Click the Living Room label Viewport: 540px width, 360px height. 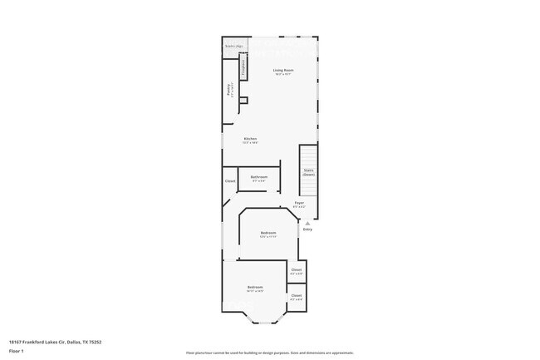(x=284, y=71)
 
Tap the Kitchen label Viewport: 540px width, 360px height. (x=250, y=139)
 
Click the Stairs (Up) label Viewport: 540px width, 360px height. (x=233, y=47)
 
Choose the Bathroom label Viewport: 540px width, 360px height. (x=259, y=176)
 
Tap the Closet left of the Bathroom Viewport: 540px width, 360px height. (x=230, y=180)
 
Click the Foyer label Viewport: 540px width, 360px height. (x=299, y=203)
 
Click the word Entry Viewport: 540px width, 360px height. (x=307, y=229)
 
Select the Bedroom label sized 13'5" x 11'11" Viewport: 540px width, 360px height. (x=268, y=233)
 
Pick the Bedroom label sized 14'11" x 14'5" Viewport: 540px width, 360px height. (x=254, y=288)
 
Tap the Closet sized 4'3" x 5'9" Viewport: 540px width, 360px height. (x=297, y=270)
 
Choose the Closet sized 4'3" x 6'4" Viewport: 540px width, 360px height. (x=297, y=295)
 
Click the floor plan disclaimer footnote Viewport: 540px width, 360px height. (x=269, y=353)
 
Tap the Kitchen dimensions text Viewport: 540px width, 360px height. (x=250, y=143)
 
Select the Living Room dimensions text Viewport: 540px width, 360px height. (x=284, y=75)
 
